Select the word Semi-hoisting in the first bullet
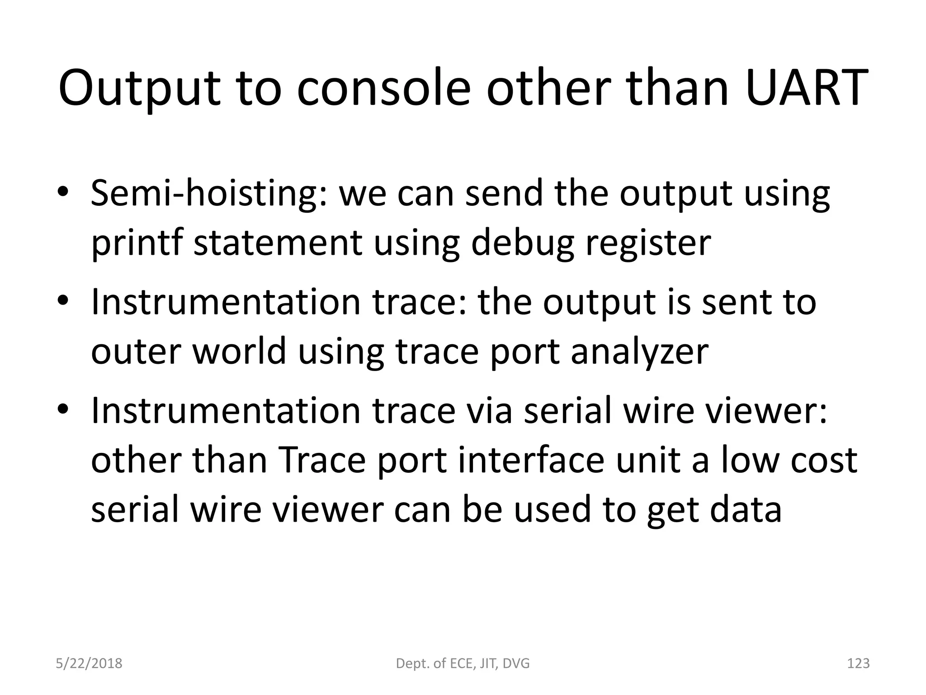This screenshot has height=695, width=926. [208, 194]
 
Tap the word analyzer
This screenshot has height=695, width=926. [639, 352]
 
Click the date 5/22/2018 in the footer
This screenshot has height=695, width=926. [89, 663]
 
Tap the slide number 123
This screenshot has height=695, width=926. [858, 663]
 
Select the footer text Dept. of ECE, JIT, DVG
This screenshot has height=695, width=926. [463, 663]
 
